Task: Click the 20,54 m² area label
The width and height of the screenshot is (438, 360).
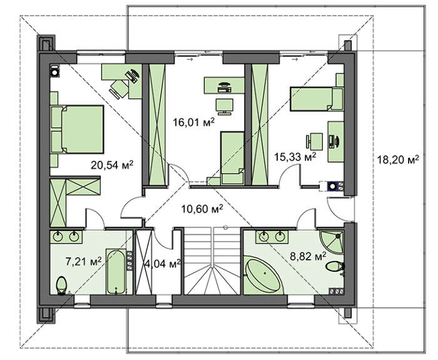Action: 112,165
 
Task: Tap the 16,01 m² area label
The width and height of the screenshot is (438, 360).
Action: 194,122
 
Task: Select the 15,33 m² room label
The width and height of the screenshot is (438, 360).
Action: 295,157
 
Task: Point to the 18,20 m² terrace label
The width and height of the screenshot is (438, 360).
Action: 398,160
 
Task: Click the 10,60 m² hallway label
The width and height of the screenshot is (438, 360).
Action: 202,208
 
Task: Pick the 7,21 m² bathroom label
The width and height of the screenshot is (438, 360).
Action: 83,262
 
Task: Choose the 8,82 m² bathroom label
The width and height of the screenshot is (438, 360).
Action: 308,256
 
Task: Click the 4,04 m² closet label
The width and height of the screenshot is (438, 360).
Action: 163,264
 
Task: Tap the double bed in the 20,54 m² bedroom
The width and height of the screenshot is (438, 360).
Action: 77,129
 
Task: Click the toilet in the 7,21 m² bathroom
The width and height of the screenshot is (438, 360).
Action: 61,285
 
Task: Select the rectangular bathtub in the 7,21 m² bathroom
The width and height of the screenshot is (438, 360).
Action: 116,272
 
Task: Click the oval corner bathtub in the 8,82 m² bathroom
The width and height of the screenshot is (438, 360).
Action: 263,275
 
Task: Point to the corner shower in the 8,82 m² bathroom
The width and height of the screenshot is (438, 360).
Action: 332,242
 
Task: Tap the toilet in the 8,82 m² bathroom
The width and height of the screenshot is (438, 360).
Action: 335,266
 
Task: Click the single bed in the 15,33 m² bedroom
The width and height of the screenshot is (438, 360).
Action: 317,99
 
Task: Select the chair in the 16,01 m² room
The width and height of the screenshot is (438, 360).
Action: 224,106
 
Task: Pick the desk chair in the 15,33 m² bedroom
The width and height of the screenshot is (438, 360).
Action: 315,141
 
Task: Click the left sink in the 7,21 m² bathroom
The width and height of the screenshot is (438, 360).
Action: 58,237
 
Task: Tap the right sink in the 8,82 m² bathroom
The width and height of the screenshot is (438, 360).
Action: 280,237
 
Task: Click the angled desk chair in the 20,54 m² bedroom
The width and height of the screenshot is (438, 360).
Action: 119,89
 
